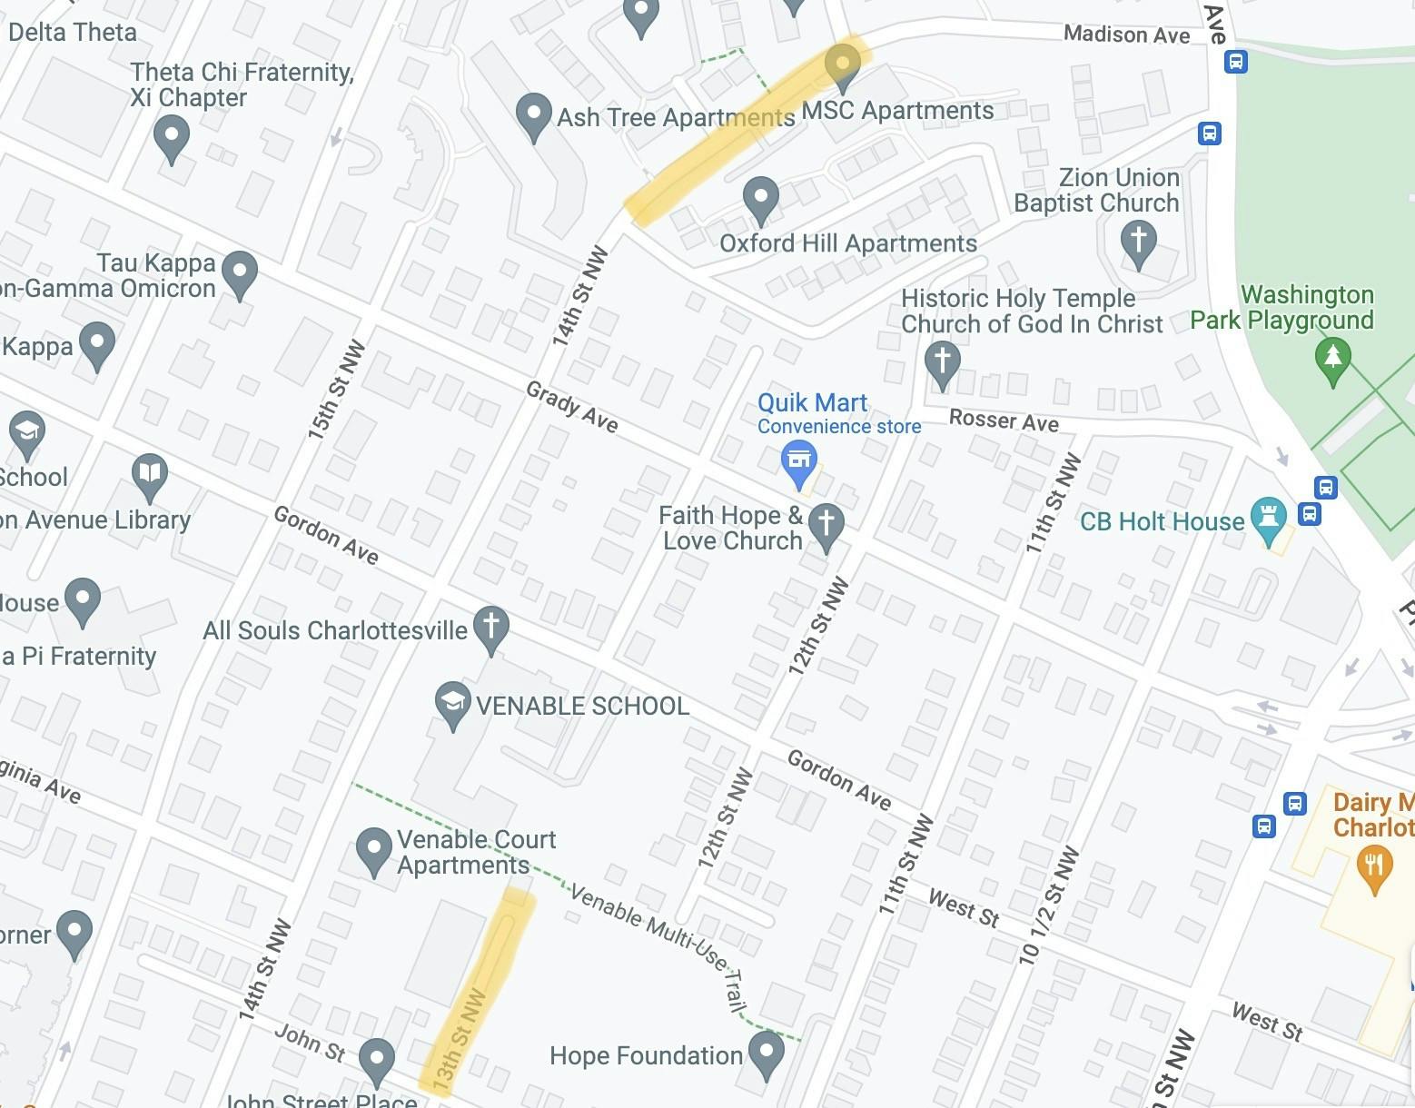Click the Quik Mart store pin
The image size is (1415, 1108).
point(798,460)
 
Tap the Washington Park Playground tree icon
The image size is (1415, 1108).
point(1332,357)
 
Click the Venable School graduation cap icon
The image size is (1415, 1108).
point(451,702)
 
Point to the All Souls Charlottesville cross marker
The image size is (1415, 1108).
point(491,626)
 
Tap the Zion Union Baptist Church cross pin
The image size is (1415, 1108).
point(1138,242)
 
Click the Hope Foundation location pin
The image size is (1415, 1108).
point(767,1053)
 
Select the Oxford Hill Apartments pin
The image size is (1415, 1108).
point(760,196)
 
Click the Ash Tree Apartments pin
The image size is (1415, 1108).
point(533,115)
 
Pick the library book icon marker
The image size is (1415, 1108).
point(149,474)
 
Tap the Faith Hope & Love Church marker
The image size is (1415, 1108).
point(826,525)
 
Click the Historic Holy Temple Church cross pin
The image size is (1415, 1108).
point(942,361)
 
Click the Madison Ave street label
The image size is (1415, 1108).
point(1126,35)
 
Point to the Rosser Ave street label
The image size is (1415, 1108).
point(1004,420)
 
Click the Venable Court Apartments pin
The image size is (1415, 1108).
point(373,849)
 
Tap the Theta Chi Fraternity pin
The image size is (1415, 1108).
point(171,137)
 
